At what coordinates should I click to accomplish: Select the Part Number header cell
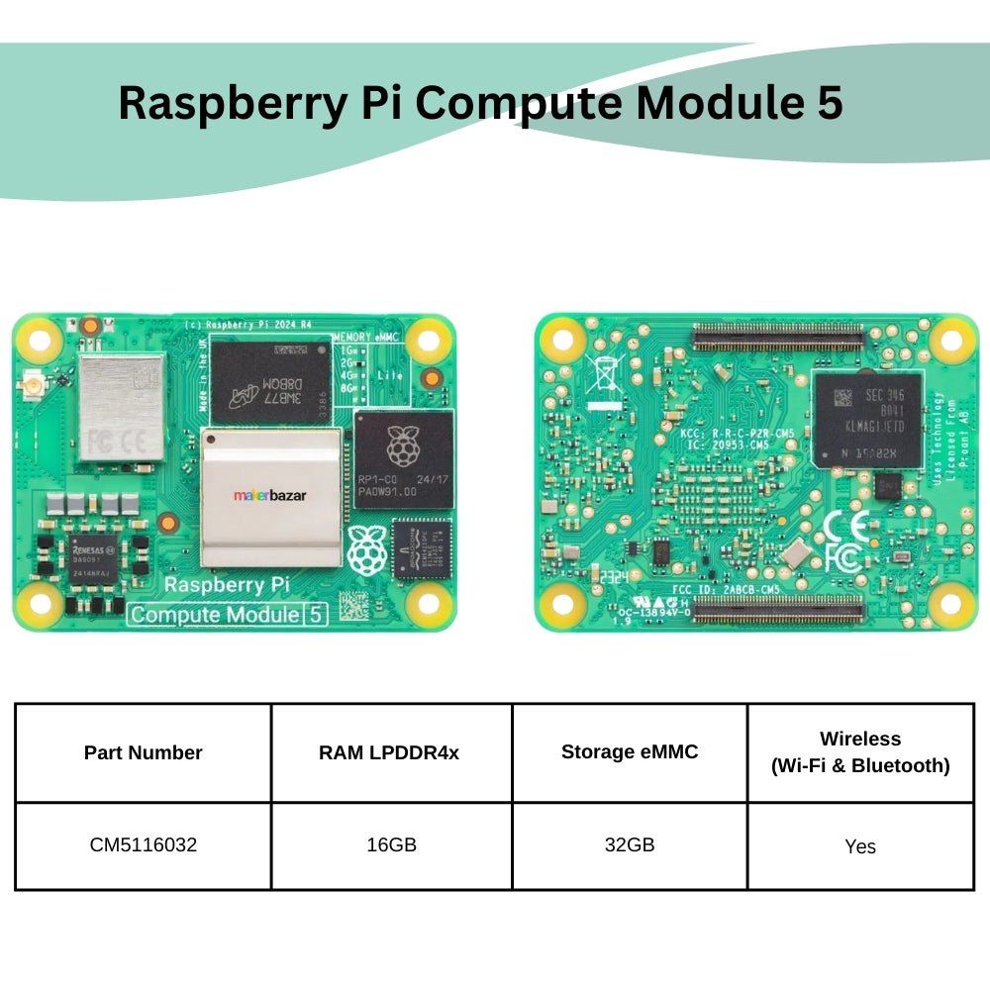click(143, 752)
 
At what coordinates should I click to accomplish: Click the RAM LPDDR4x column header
click(389, 752)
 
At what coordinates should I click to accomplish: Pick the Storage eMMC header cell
click(630, 751)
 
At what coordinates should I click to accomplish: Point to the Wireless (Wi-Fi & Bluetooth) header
click(860, 752)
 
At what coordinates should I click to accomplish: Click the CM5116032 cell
click(143, 845)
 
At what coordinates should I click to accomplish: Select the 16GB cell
click(390, 845)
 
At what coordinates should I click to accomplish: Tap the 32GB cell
click(630, 845)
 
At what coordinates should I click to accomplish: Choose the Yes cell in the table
click(860, 846)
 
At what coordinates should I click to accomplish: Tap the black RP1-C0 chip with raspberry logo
click(402, 458)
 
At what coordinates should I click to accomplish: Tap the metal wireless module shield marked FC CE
click(122, 408)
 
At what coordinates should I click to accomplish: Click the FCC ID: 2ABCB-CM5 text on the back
click(727, 588)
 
